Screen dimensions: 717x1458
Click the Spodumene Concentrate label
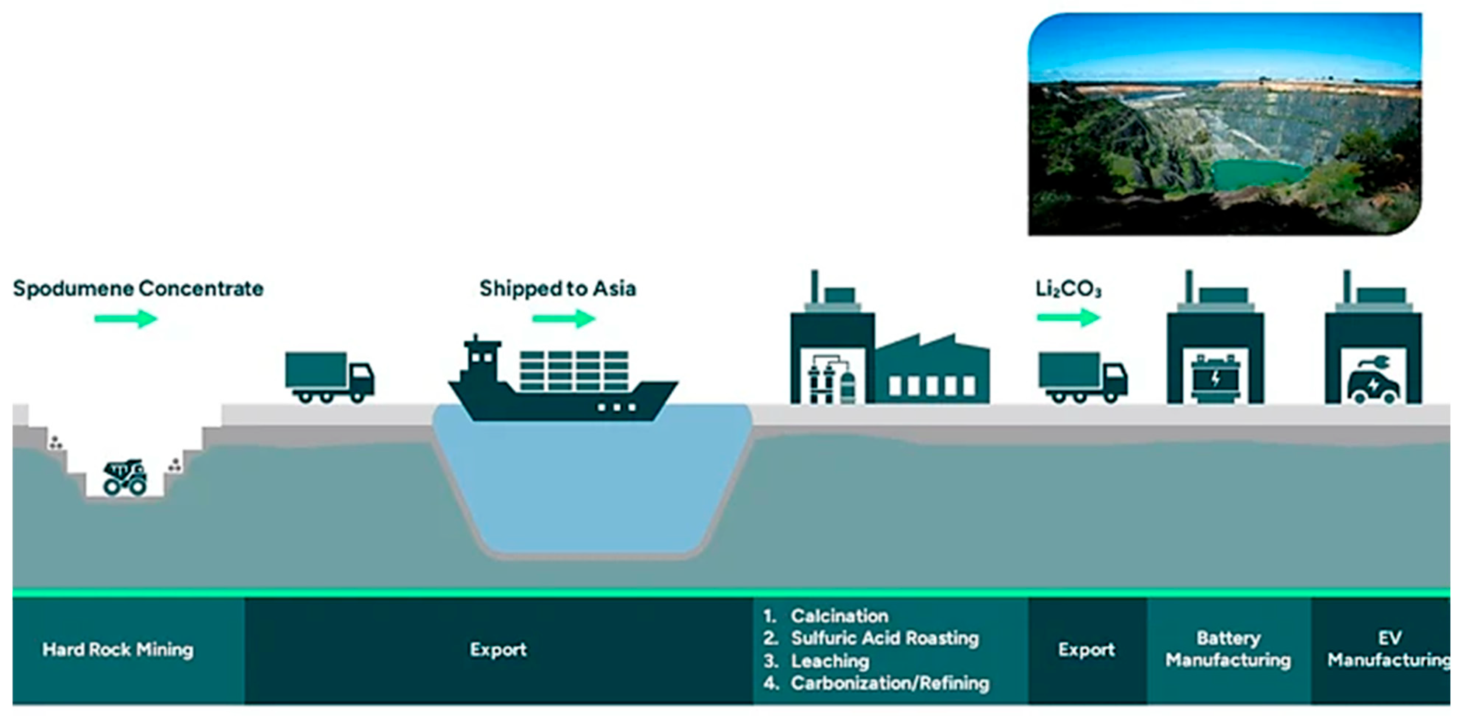138,288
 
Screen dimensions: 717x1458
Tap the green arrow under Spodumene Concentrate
126,319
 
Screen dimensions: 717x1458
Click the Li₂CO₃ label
1068,289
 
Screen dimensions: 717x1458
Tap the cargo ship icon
563,382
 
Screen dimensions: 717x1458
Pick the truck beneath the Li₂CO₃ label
1082,377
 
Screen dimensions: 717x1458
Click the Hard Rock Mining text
118,649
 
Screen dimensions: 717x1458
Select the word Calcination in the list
839,616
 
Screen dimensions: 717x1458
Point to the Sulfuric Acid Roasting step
885,639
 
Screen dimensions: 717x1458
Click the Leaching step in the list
830,661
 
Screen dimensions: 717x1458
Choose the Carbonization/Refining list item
890,683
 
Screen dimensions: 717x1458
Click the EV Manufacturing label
1388,649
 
